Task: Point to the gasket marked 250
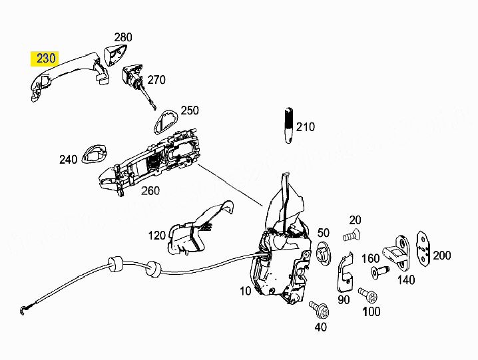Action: [x=164, y=121]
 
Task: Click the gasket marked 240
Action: [x=95, y=154]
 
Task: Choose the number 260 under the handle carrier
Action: [x=150, y=191]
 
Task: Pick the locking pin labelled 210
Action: [x=289, y=125]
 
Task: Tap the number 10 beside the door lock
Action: [x=246, y=291]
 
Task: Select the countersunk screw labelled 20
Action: [x=352, y=236]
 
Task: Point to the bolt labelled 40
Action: [x=319, y=309]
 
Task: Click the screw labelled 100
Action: [x=368, y=295]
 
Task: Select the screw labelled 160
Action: [x=380, y=271]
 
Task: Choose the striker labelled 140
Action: [x=397, y=253]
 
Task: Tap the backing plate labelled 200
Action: [x=424, y=248]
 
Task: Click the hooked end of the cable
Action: [x=23, y=309]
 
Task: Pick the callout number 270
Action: [x=156, y=80]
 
